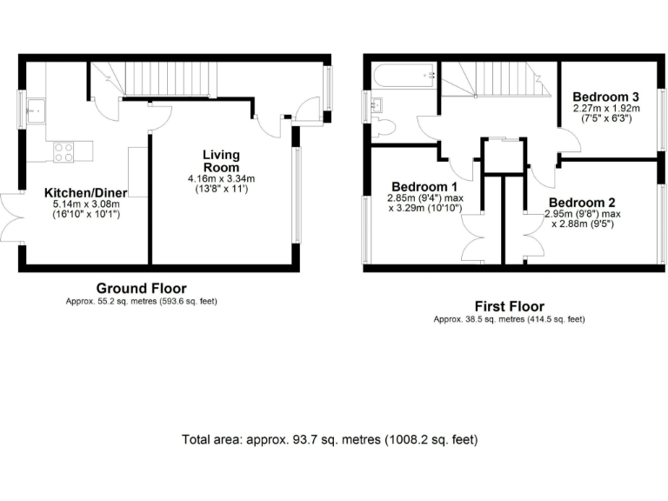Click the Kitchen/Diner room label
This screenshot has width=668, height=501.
coord(86,192)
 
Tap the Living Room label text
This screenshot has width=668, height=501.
coord(221,161)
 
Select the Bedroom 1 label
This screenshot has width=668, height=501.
coord(424,186)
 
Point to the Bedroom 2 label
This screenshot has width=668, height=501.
coord(582,203)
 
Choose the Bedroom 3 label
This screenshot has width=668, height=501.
coord(605,97)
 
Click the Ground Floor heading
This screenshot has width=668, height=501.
coord(141,289)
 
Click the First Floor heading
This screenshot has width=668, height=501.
coord(509,306)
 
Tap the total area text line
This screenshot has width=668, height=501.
coord(330,439)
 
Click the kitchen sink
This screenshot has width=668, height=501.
coord(37,111)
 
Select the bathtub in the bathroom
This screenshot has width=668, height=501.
coord(404,77)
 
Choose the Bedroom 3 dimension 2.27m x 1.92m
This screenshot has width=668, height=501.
coord(605,109)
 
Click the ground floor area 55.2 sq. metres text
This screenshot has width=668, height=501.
coord(141,302)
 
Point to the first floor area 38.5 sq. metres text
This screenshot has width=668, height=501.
coord(509,319)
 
